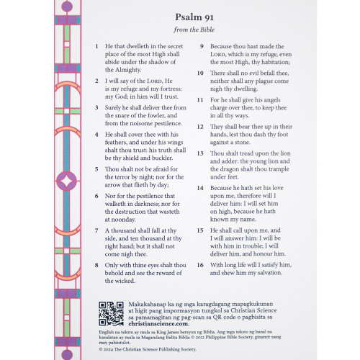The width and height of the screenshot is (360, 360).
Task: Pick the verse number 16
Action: click(201, 264)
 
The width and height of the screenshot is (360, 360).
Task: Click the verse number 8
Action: click(97, 264)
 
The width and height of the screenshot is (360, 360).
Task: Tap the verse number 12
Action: click(201, 126)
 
